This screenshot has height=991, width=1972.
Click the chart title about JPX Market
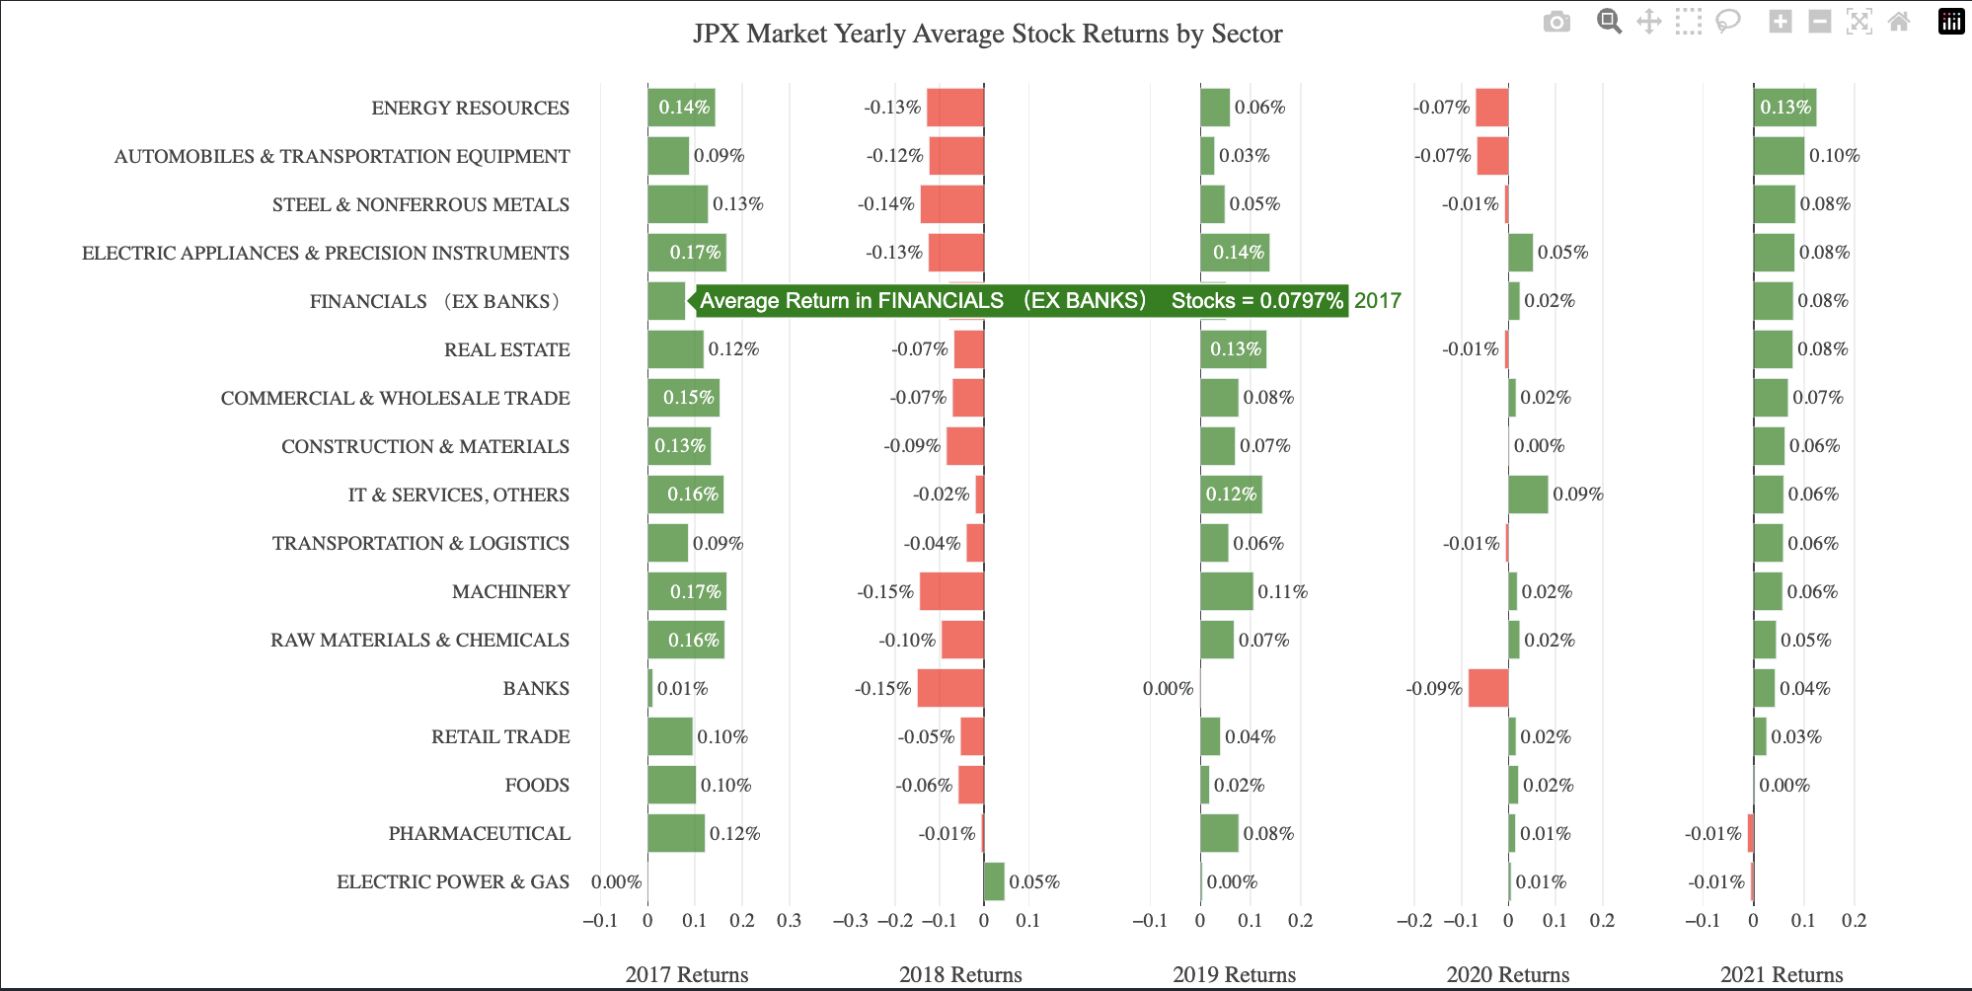tap(987, 34)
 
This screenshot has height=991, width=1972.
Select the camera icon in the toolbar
tap(1556, 22)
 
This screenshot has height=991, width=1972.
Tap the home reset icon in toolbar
tap(1898, 22)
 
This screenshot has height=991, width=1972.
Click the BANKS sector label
tap(536, 688)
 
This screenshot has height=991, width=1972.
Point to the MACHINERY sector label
tap(510, 591)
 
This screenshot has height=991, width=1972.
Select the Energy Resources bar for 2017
tap(681, 107)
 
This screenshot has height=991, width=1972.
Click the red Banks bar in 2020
tap(1487, 688)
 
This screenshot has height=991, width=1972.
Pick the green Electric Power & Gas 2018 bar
tap(994, 881)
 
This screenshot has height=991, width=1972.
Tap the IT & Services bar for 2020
tap(1528, 495)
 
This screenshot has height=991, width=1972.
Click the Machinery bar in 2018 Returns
tap(951, 591)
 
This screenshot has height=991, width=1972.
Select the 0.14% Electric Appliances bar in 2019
tap(1234, 253)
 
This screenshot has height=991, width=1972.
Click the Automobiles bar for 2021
tap(1778, 156)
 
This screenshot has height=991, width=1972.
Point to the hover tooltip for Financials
tap(1021, 301)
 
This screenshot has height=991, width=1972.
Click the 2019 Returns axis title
tap(1234, 974)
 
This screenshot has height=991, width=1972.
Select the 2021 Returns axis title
tap(1781, 974)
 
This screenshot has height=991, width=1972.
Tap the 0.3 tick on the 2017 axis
tap(789, 920)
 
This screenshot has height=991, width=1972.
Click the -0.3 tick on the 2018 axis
tap(850, 920)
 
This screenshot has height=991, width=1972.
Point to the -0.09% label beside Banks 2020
tap(1434, 688)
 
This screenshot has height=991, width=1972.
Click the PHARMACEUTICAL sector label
tap(479, 833)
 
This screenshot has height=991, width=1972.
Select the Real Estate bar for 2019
tap(1233, 349)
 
